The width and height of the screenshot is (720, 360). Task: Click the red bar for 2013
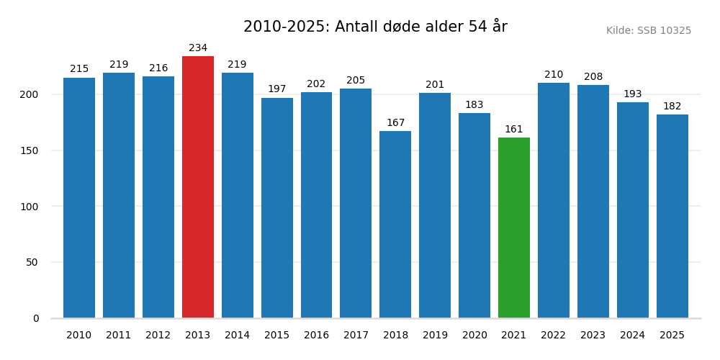198,187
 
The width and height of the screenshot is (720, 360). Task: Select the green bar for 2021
514,228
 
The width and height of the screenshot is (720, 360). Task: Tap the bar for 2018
395,225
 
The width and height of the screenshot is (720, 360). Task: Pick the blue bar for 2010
79,198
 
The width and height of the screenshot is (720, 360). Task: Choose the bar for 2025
672,216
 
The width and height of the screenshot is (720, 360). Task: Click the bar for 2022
554,200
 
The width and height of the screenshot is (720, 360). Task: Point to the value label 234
198,48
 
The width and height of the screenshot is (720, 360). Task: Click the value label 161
514,130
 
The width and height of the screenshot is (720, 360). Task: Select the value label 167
395,123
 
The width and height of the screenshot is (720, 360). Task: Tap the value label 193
632,94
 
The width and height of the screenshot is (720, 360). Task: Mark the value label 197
277,89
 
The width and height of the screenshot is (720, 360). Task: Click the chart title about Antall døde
375,27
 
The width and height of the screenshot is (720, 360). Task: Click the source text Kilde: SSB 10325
648,31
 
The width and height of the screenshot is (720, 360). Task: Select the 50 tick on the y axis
32,262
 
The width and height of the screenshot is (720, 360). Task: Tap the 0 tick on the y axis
36,318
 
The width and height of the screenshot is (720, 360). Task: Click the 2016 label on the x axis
316,336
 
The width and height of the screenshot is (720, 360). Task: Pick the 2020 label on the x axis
474,336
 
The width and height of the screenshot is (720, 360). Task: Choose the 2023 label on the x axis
593,336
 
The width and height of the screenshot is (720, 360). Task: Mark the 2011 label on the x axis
119,336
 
